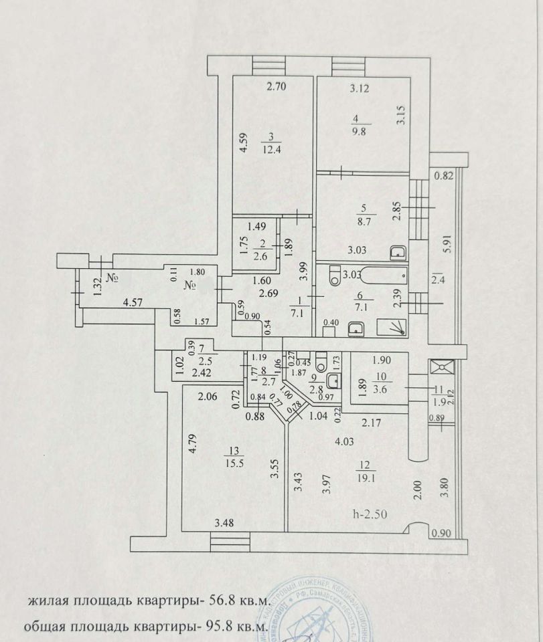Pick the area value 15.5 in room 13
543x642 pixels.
[234, 461]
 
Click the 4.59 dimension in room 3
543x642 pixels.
[245, 145]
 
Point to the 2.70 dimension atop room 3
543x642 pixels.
[277, 86]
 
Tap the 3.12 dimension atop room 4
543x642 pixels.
[360, 88]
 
